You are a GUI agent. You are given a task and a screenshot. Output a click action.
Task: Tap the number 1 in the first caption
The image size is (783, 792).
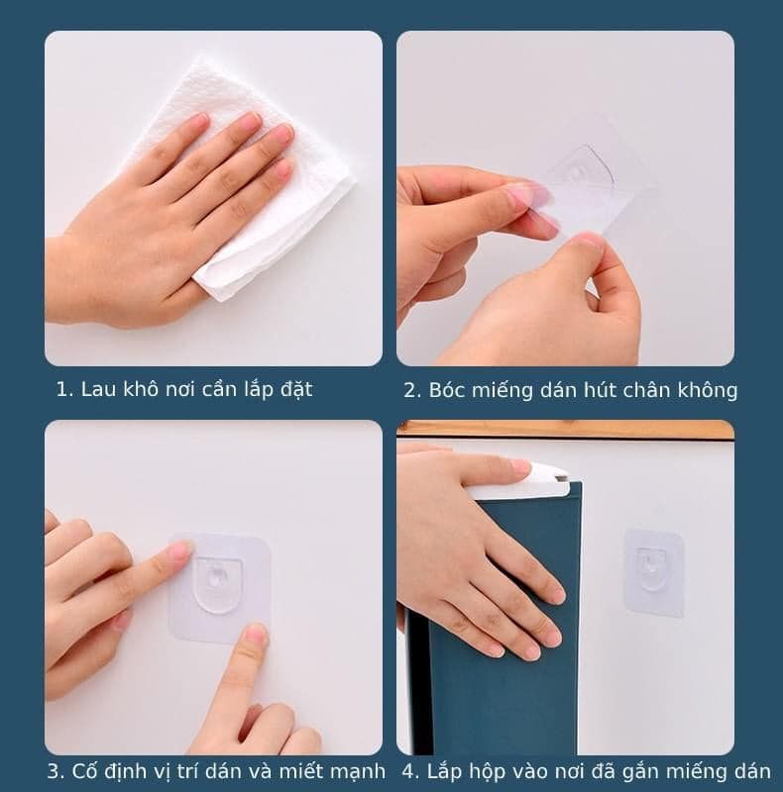click(x=60, y=390)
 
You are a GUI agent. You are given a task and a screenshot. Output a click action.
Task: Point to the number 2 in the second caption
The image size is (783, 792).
click(x=411, y=390)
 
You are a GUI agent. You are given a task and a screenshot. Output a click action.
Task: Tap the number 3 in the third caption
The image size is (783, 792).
click(x=54, y=771)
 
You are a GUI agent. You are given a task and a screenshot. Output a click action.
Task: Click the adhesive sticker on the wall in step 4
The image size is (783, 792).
click(x=653, y=573)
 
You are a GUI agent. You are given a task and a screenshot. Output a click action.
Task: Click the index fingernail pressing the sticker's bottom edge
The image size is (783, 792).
click(x=256, y=633)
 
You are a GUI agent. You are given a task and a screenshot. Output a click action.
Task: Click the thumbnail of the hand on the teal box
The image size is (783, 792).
click(x=520, y=465)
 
